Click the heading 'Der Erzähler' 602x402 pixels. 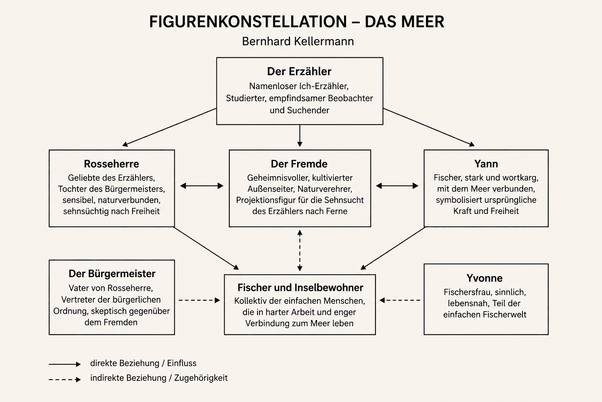(x=299, y=71)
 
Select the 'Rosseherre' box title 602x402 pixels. (x=112, y=164)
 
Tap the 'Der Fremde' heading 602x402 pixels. (x=299, y=164)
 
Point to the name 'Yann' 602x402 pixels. (x=486, y=164)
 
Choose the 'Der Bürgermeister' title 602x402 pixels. (x=112, y=274)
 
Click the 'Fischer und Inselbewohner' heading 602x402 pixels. (x=300, y=288)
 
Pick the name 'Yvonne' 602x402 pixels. (x=484, y=278)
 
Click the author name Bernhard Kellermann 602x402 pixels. (x=298, y=41)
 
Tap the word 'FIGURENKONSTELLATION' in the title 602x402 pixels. (x=248, y=22)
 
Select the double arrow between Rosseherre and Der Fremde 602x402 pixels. (x=201, y=186)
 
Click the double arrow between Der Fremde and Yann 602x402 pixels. (x=397, y=186)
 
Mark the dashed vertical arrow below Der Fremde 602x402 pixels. (x=300, y=250)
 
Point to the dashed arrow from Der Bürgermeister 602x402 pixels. (x=199, y=300)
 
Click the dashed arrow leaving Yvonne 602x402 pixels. (x=400, y=300)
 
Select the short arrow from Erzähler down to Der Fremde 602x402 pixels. (x=300, y=136)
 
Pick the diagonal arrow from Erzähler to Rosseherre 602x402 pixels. (x=169, y=127)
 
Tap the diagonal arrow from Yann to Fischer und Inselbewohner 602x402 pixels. (x=393, y=248)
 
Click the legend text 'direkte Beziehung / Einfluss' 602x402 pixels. (x=143, y=363)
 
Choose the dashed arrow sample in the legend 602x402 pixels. (x=65, y=380)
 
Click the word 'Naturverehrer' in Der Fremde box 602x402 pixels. (x=325, y=189)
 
